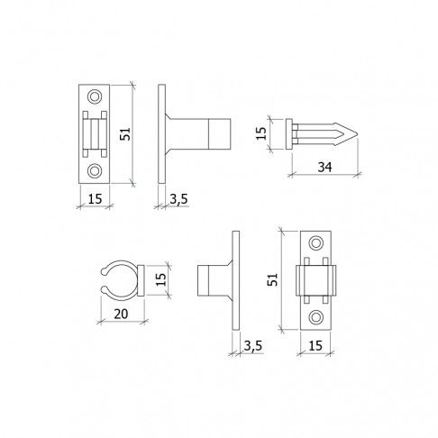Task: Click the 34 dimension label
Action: (324, 167)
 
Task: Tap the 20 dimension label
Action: (121, 314)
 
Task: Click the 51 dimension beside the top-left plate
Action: (125, 133)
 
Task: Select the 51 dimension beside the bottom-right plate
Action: (273, 279)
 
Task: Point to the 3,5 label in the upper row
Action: (178, 199)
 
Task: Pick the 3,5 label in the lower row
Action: (252, 346)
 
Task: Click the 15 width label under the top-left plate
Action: (95, 199)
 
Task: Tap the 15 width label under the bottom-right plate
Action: (315, 346)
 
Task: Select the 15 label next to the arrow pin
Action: (261, 133)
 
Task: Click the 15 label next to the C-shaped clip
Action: (161, 279)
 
